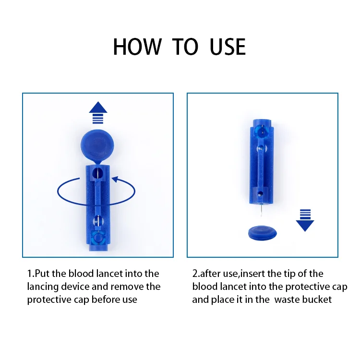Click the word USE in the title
(228, 47)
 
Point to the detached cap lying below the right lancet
(262, 234)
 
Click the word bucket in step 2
(320, 300)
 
